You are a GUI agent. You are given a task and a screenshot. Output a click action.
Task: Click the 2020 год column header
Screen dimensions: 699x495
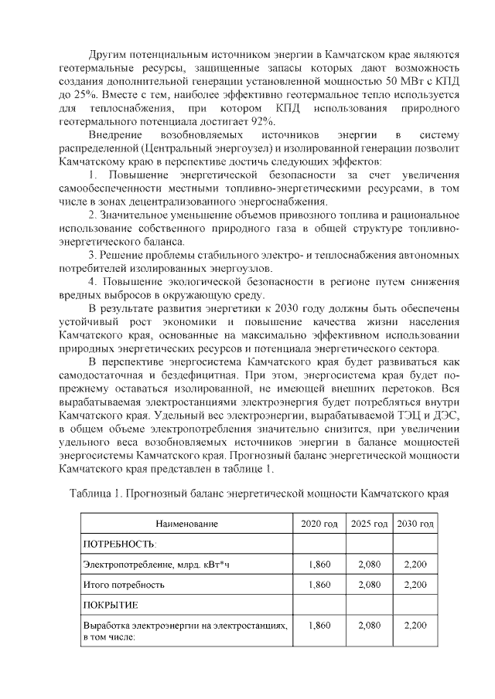(319, 524)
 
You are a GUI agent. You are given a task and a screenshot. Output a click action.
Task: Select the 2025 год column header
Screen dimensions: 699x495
(369, 524)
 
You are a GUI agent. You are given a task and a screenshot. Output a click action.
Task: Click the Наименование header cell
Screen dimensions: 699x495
(186, 524)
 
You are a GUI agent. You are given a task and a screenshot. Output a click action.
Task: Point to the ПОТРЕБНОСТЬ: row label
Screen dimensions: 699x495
(115, 545)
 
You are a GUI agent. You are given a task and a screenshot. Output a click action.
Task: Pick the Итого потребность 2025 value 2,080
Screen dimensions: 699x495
(369, 585)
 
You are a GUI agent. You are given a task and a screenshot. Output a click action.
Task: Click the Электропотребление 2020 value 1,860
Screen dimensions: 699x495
(319, 565)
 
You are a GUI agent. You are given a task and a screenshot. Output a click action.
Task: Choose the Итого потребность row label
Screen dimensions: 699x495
(124, 585)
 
